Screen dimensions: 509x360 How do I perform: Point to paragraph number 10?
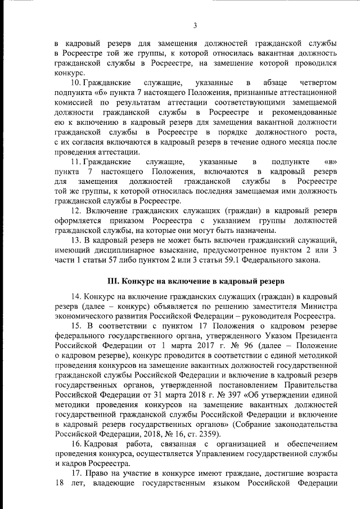pyautogui.click(x=79, y=83)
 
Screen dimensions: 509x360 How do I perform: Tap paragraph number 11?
pyautogui.click(x=78, y=161)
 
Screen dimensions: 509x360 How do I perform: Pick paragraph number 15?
pyautogui.click(x=78, y=326)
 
